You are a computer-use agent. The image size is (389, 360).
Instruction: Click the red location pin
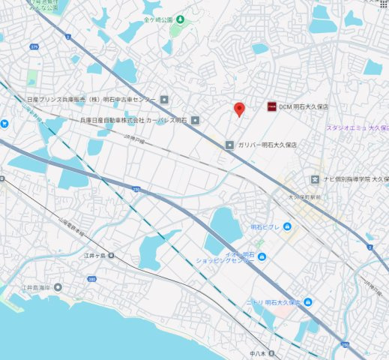pos(239,109)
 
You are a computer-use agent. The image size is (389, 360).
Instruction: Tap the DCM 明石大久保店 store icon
pos(271,106)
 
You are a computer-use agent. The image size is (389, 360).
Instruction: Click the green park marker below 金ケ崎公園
pos(178,31)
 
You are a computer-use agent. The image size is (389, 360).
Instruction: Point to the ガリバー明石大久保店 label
pos(268,143)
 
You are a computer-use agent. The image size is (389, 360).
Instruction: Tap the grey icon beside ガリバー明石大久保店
pos(230,144)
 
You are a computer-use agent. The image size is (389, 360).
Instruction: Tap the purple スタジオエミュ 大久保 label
pos(355,127)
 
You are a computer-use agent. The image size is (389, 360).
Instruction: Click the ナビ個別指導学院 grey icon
pos(316,179)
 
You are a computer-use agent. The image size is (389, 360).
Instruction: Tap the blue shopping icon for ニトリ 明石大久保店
pos(308,301)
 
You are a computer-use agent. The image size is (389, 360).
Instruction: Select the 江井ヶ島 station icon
pos(111,256)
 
